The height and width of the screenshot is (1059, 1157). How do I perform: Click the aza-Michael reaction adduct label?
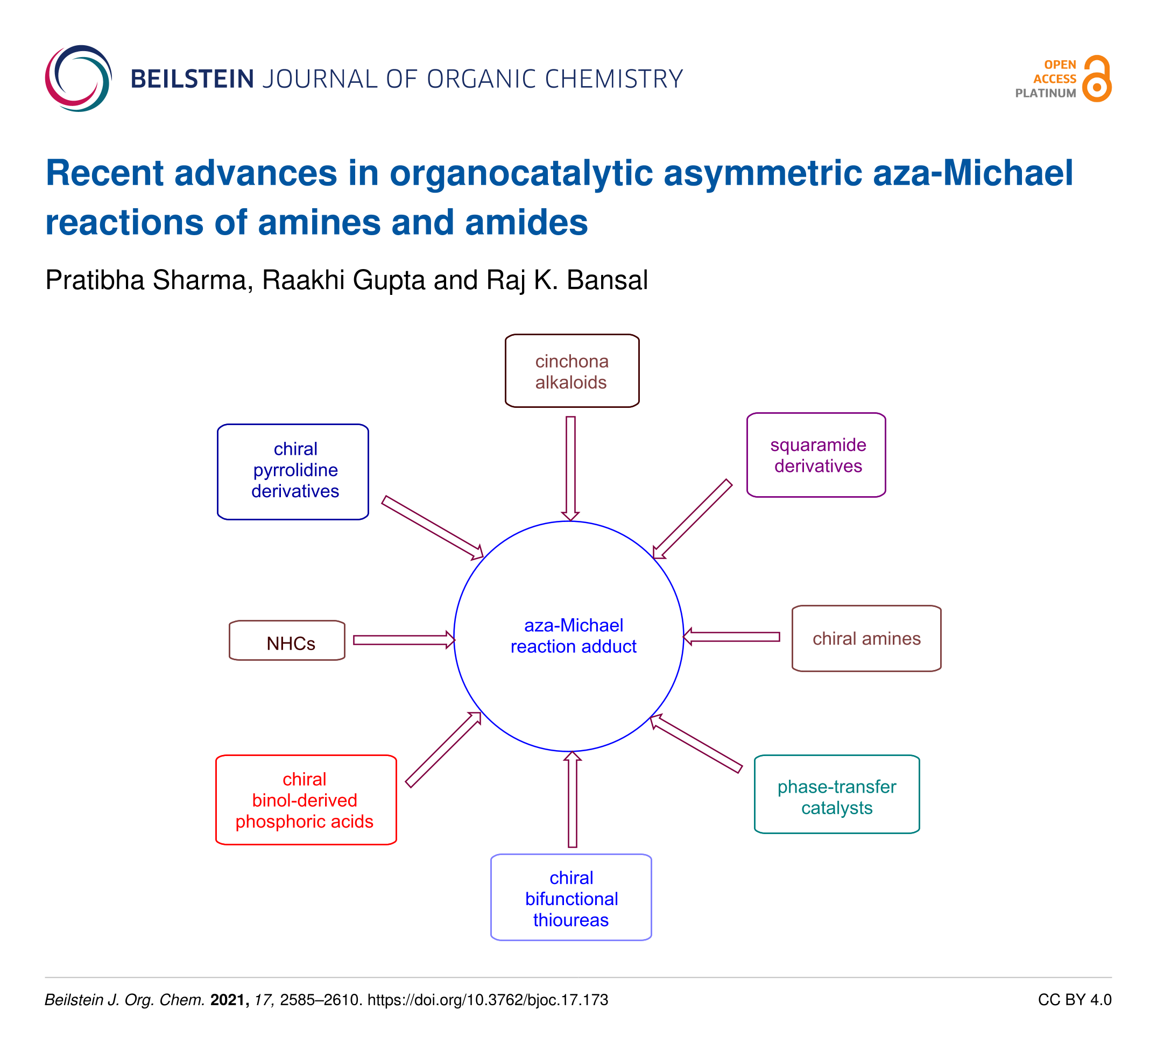(x=573, y=636)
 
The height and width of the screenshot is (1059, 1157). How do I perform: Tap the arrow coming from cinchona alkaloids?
(x=570, y=468)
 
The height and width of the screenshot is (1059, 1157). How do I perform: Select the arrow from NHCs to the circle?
(x=404, y=640)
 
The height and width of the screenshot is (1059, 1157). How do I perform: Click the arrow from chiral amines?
(x=731, y=637)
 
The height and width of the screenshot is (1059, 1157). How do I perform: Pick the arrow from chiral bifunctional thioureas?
(x=572, y=799)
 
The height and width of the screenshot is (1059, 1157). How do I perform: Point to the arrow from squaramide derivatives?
(x=692, y=519)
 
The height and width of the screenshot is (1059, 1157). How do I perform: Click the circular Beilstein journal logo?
(x=79, y=78)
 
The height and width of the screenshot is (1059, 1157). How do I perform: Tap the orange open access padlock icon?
(x=1097, y=79)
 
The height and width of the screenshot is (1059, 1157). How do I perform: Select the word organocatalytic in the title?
(x=521, y=173)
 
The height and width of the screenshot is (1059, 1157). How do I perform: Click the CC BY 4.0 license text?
(x=1074, y=1000)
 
